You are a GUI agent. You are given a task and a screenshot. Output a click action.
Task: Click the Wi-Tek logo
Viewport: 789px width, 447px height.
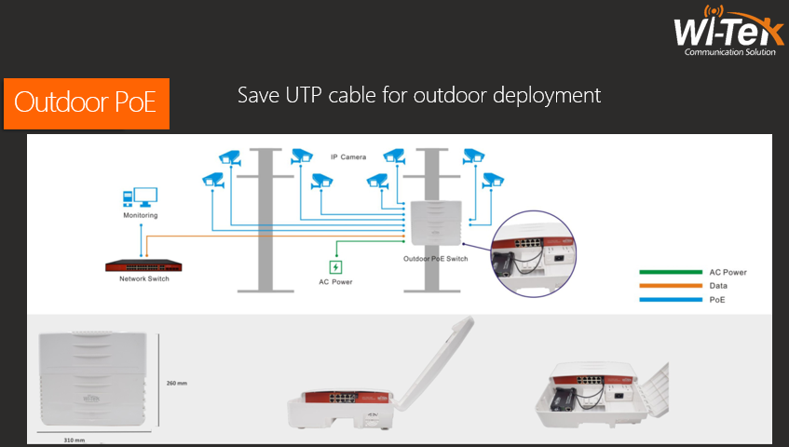click(723, 33)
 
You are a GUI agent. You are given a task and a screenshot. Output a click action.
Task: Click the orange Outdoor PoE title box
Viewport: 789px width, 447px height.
click(86, 102)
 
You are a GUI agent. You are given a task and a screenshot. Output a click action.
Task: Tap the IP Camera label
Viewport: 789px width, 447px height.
click(347, 157)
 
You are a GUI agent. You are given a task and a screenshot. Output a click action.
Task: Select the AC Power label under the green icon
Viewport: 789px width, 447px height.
click(335, 281)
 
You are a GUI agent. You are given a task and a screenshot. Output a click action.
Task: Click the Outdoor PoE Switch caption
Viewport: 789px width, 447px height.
click(435, 259)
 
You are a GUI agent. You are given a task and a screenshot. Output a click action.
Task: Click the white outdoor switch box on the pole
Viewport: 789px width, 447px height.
click(434, 224)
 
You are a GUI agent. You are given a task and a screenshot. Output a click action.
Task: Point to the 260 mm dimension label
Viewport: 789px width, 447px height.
click(178, 383)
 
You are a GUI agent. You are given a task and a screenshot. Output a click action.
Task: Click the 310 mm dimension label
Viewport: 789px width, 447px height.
click(75, 440)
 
